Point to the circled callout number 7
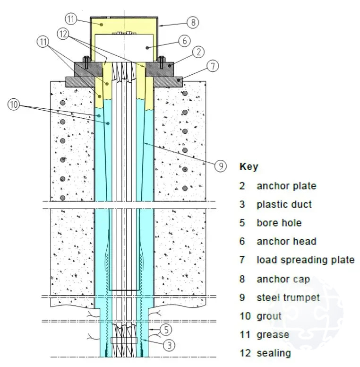[x=213, y=66]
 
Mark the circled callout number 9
[x=220, y=166]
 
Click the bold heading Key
[x=249, y=167]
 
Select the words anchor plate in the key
[x=286, y=186]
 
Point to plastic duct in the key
[x=284, y=204]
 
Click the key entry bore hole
[x=279, y=223]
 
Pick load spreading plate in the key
[x=305, y=260]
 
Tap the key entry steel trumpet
[x=288, y=297]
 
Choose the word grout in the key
[x=269, y=315]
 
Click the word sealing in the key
[x=274, y=353]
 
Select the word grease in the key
[x=273, y=334]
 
